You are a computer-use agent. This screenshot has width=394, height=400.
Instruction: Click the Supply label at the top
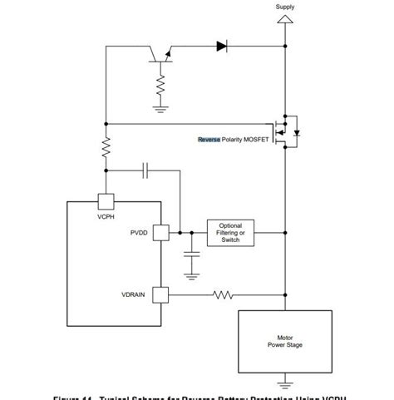point(285,7)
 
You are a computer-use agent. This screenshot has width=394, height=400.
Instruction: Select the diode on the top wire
point(222,47)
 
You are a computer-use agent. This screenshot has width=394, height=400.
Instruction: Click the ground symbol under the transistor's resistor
point(160,106)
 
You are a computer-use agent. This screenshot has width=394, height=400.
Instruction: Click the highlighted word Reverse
point(209,140)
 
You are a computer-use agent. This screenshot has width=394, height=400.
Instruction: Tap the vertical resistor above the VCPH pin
point(106,148)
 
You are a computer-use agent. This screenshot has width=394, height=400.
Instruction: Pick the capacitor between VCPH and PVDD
point(146,171)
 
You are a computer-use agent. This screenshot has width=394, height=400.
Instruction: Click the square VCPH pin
point(106,200)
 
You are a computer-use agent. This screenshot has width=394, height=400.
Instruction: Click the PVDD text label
point(139,233)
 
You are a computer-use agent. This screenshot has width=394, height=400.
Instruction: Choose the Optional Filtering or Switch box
point(230,233)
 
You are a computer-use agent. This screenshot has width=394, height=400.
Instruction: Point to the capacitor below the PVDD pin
point(192,253)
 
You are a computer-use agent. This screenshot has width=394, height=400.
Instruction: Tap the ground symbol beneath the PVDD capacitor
point(192,271)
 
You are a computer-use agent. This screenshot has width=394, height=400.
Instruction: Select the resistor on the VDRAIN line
point(224,294)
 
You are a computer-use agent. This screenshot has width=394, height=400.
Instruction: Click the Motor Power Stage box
point(284,341)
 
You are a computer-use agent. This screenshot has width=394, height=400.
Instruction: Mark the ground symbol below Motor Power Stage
point(285,383)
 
